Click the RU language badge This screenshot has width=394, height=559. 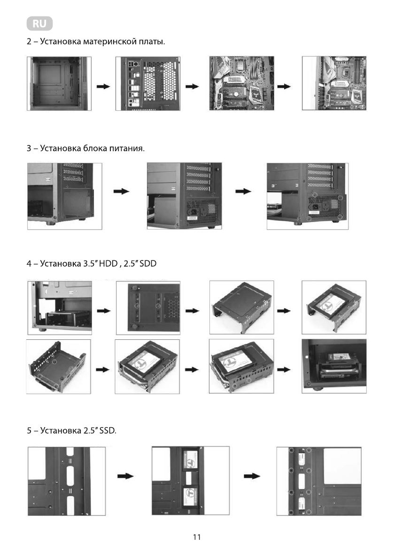(x=40, y=23)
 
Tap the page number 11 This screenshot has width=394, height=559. (x=197, y=537)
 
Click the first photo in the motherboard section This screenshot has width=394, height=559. (x=59, y=84)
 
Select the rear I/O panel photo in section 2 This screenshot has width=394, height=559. (x=147, y=84)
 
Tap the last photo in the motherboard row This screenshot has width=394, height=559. (x=334, y=84)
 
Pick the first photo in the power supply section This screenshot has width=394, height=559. (x=65, y=196)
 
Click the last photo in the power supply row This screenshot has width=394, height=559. (x=307, y=196)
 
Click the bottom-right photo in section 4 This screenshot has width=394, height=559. (x=334, y=366)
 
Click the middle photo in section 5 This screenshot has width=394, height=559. (x=191, y=481)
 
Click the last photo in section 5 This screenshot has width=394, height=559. (x=318, y=481)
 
